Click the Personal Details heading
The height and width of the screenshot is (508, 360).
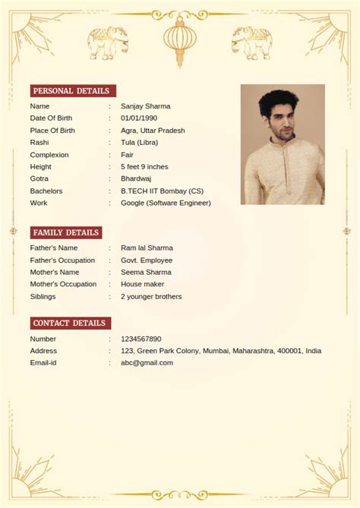74,91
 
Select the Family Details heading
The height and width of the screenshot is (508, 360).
65,232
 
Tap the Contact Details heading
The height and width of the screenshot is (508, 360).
70,323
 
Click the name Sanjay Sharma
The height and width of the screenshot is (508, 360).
145,106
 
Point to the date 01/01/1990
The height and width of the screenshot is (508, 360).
139,118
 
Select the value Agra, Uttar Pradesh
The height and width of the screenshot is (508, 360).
153,131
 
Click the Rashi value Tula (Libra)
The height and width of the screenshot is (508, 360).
139,143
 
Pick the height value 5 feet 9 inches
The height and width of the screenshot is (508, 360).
144,167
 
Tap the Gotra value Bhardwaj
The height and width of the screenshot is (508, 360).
136,178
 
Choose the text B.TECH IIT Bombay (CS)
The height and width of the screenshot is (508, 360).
162,191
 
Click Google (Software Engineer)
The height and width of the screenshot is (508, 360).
166,204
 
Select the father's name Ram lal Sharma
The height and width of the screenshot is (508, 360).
147,248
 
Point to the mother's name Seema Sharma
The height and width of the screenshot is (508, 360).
146,272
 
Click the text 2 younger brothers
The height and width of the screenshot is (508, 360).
151,296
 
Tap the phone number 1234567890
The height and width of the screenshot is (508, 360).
141,339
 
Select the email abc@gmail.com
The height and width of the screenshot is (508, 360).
147,363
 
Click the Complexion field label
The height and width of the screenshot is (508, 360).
49,155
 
